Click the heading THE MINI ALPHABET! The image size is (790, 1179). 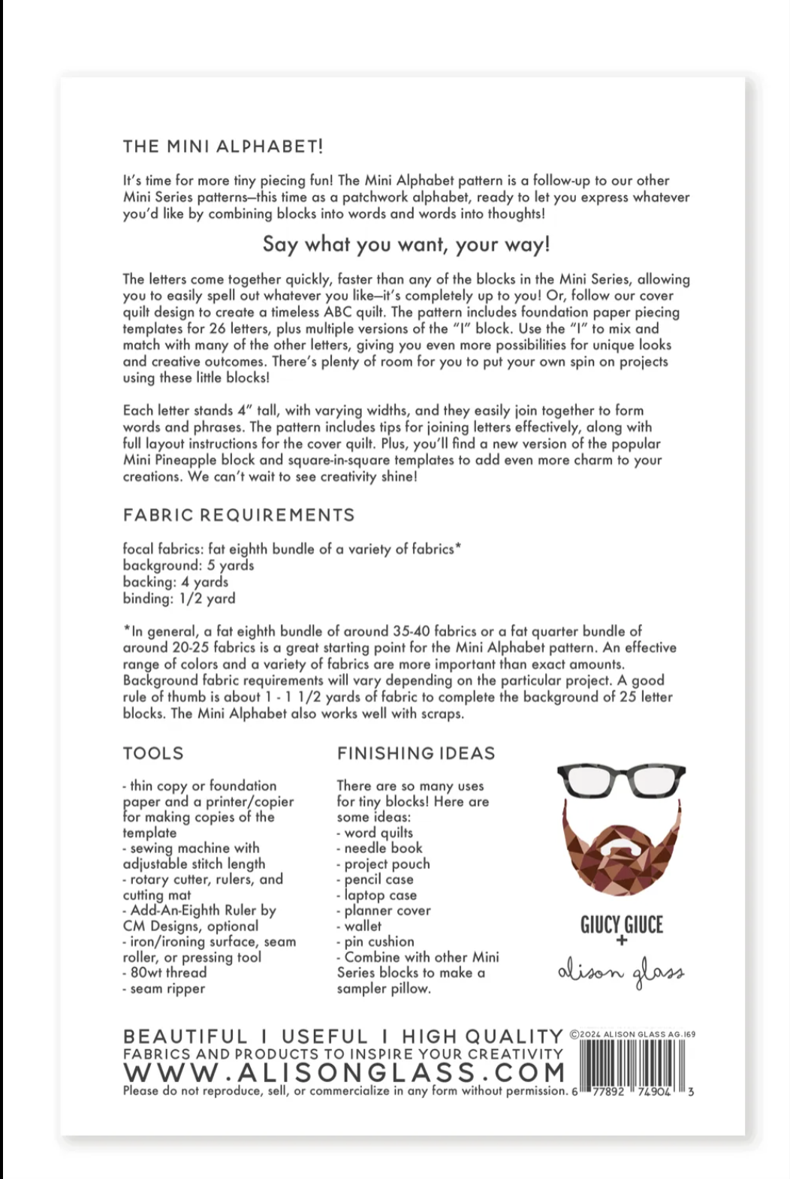(x=223, y=146)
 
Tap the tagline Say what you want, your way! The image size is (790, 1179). (x=406, y=244)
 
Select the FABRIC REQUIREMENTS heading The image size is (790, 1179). (x=239, y=515)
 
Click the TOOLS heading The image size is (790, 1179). (x=153, y=753)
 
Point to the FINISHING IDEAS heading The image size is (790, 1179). (x=416, y=753)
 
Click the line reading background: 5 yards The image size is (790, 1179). (x=188, y=565)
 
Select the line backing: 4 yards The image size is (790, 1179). (x=176, y=582)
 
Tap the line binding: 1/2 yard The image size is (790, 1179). (x=179, y=599)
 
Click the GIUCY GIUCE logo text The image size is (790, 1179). (x=622, y=924)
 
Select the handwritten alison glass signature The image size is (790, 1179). (x=622, y=972)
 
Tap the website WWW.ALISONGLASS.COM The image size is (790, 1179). (x=344, y=1072)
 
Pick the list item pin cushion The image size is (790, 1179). (x=376, y=942)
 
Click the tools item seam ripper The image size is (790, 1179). (x=165, y=989)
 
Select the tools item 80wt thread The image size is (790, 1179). (x=166, y=973)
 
